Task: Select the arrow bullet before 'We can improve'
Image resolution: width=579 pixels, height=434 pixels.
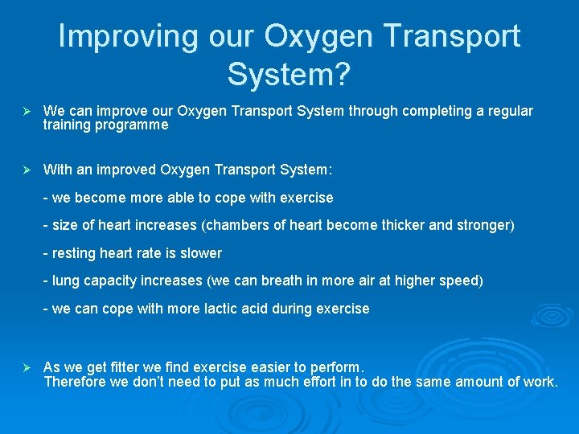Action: click(x=26, y=111)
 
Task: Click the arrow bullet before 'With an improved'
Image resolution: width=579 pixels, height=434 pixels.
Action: click(x=26, y=170)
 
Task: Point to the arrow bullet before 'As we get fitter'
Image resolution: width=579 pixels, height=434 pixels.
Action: click(x=26, y=367)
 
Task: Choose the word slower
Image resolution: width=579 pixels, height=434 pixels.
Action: click(x=200, y=253)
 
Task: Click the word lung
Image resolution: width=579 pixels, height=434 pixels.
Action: click(x=65, y=281)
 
